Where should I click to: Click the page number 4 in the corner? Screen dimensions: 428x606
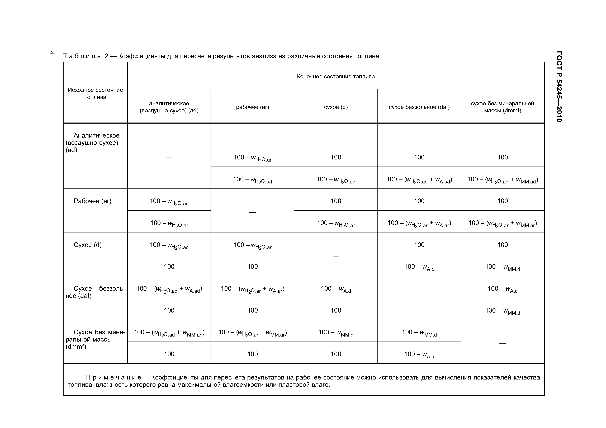click(52, 52)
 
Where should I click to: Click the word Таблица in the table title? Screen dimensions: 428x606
click(82, 56)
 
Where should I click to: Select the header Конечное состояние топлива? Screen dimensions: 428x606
click(335, 76)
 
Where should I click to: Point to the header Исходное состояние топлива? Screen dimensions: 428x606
click(95, 93)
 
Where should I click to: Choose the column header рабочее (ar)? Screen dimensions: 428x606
click(252, 107)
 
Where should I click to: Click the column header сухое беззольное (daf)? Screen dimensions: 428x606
click(419, 107)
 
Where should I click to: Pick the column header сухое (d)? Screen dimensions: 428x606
click(336, 107)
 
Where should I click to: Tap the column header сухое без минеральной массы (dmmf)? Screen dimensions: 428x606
click(502, 107)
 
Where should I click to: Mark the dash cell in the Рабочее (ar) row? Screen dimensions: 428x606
click(252, 212)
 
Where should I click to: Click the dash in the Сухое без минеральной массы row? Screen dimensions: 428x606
click(502, 343)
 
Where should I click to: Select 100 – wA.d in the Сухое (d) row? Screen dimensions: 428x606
click(419, 267)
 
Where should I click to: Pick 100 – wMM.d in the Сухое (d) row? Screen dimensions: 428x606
click(502, 267)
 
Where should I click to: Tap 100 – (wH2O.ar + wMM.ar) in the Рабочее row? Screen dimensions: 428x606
click(502, 223)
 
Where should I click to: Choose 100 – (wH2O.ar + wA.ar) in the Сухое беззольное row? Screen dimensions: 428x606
click(252, 289)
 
